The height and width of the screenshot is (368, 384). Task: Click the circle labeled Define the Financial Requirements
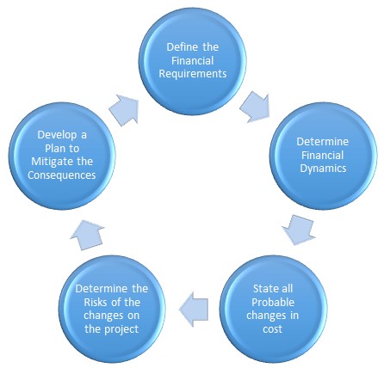pos(192,60)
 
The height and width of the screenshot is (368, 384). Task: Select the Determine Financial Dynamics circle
pos(322,155)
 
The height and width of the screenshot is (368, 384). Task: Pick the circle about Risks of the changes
pos(112,308)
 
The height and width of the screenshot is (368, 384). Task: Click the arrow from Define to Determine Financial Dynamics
pos(255,107)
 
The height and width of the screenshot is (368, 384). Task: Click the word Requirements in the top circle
pos(193,74)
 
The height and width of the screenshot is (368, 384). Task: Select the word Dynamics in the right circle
pos(323,169)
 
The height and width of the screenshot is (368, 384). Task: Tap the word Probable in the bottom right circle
pos(273,302)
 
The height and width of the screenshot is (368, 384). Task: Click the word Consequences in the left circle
pos(61,175)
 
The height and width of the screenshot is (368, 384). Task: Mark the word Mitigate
pos(55,162)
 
